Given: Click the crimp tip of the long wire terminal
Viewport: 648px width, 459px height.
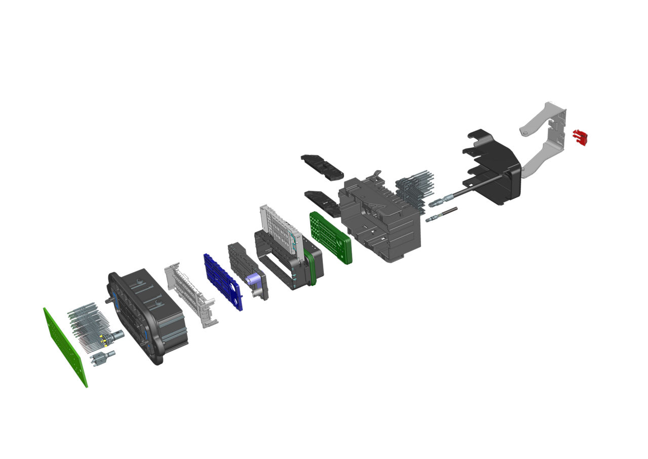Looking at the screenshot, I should tap(436, 203).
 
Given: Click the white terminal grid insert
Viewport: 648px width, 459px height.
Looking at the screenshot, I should tap(280, 228).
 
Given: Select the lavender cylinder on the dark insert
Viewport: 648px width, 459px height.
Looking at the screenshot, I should tap(254, 279).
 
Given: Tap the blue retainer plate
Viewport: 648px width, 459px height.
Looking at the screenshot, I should tap(223, 281).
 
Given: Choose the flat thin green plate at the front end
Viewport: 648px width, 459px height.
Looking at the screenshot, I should tap(64, 347).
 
